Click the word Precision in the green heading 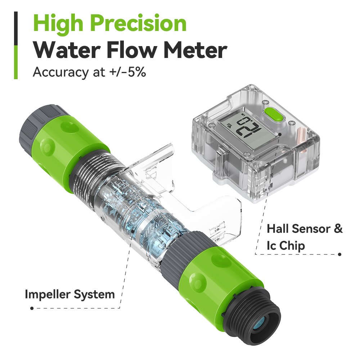tap(139, 23)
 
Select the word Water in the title tap(67, 50)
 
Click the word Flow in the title tap(132, 50)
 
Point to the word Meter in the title tap(195, 50)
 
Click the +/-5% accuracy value tap(127, 72)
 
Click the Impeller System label tap(70, 294)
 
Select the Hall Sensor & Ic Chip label tap(305, 237)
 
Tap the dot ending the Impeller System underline tap(32, 308)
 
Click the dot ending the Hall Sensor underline tap(340, 254)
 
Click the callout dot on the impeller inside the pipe tap(133, 231)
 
